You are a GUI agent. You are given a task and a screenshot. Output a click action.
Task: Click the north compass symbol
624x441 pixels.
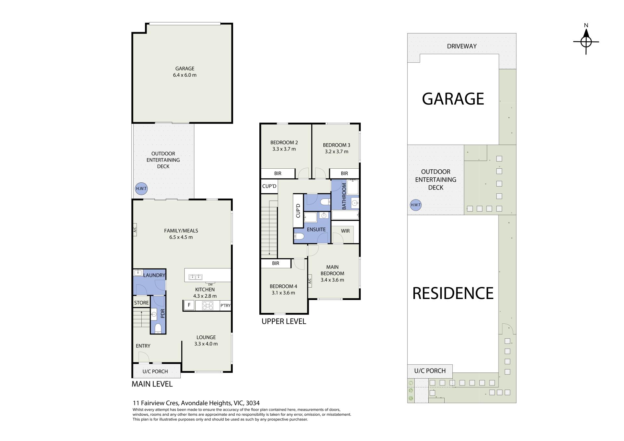pyautogui.click(x=586, y=42)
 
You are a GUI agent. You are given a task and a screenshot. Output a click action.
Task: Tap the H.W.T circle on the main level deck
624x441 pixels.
pyautogui.click(x=141, y=188)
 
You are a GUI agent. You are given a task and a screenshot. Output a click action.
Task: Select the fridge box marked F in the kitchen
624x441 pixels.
pyautogui.click(x=189, y=305)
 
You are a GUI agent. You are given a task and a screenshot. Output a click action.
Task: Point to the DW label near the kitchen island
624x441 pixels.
pyautogui.click(x=210, y=285)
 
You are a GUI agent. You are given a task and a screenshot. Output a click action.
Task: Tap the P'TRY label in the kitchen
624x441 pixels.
pyautogui.click(x=225, y=305)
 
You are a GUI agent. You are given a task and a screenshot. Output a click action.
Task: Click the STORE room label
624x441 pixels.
pyautogui.click(x=141, y=303)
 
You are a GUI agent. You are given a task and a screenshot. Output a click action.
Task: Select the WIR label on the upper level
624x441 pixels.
pyautogui.click(x=345, y=231)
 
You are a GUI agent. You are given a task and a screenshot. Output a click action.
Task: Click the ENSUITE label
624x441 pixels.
pyautogui.click(x=316, y=229)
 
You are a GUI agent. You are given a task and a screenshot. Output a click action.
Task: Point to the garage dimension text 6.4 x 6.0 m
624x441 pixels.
pyautogui.click(x=185, y=75)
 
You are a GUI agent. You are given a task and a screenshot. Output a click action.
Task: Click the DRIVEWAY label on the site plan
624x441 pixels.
pyautogui.click(x=462, y=46)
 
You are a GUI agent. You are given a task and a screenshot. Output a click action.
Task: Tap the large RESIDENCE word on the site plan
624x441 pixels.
pyautogui.click(x=453, y=293)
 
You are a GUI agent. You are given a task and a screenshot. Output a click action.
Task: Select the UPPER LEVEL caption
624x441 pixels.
pyautogui.click(x=284, y=321)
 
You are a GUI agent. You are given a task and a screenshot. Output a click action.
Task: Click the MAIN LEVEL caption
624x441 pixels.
pyautogui.click(x=152, y=384)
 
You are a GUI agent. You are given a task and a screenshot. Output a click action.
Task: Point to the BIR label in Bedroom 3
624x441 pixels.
pyautogui.click(x=344, y=174)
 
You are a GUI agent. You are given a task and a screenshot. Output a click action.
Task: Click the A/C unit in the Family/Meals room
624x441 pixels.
pyautogui.click(x=135, y=229)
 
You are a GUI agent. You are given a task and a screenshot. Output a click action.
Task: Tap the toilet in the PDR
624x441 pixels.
pyautogui.click(x=158, y=328)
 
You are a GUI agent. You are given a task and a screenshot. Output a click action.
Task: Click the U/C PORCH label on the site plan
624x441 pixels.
pyautogui.click(x=430, y=371)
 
